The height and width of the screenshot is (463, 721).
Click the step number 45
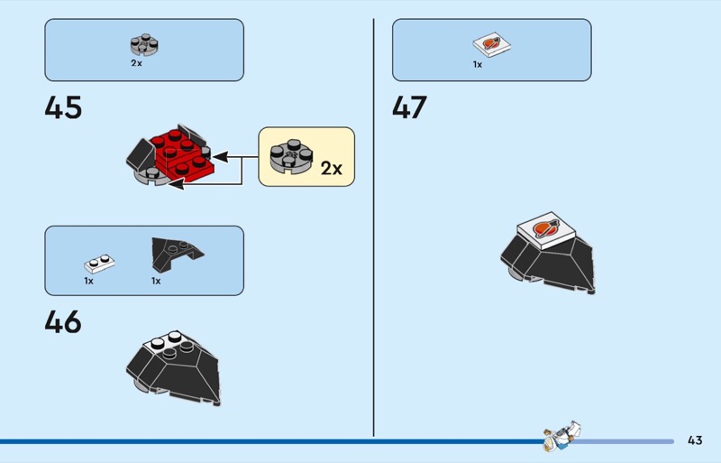pos(63,107)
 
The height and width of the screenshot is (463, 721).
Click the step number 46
pos(63,321)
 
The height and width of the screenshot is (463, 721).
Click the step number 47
pos(410,107)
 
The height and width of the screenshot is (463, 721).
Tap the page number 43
pos(695,440)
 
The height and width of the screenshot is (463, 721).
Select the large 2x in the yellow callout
pos(332,168)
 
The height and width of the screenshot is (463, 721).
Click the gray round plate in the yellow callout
pos(291,157)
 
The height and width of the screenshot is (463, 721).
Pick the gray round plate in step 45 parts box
pos(144,45)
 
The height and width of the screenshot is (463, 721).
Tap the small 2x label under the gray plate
pos(137,63)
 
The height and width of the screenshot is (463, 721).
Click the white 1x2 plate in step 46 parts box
pos(99,264)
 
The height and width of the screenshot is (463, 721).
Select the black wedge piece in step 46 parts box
pos(177,254)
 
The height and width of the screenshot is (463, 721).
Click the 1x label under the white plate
pos(88,281)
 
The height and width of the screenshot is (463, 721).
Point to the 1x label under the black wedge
pos(156,281)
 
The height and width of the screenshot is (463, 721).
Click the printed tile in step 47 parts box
pos(491,45)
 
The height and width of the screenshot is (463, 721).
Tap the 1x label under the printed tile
pos(478,64)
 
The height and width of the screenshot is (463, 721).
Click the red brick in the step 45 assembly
pos(182,154)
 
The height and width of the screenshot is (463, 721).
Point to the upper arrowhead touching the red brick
pos(221,157)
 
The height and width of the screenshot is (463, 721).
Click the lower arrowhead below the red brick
pos(177,184)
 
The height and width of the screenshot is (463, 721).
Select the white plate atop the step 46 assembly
pos(168,342)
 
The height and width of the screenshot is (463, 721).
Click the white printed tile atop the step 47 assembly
pos(546,230)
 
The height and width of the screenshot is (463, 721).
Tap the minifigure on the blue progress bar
pos(561,435)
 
